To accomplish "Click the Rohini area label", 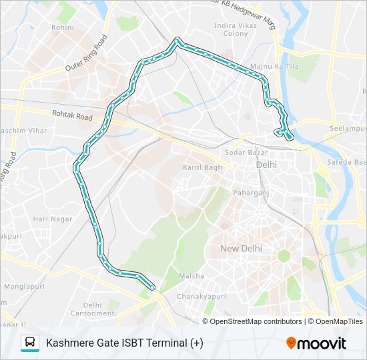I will coord(63,27).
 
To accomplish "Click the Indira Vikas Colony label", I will coord(235,29).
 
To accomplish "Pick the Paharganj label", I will coord(250,192).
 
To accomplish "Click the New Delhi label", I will coord(241,249).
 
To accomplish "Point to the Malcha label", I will coord(192,275).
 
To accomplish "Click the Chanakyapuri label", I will coord(198,295).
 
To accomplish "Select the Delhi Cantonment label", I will coord(92,309).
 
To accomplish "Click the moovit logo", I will coord(316,343).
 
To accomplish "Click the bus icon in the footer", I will coord(29,343).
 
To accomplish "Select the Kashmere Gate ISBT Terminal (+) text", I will coord(125,343).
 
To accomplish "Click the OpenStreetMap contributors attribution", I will coord(256,321).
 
